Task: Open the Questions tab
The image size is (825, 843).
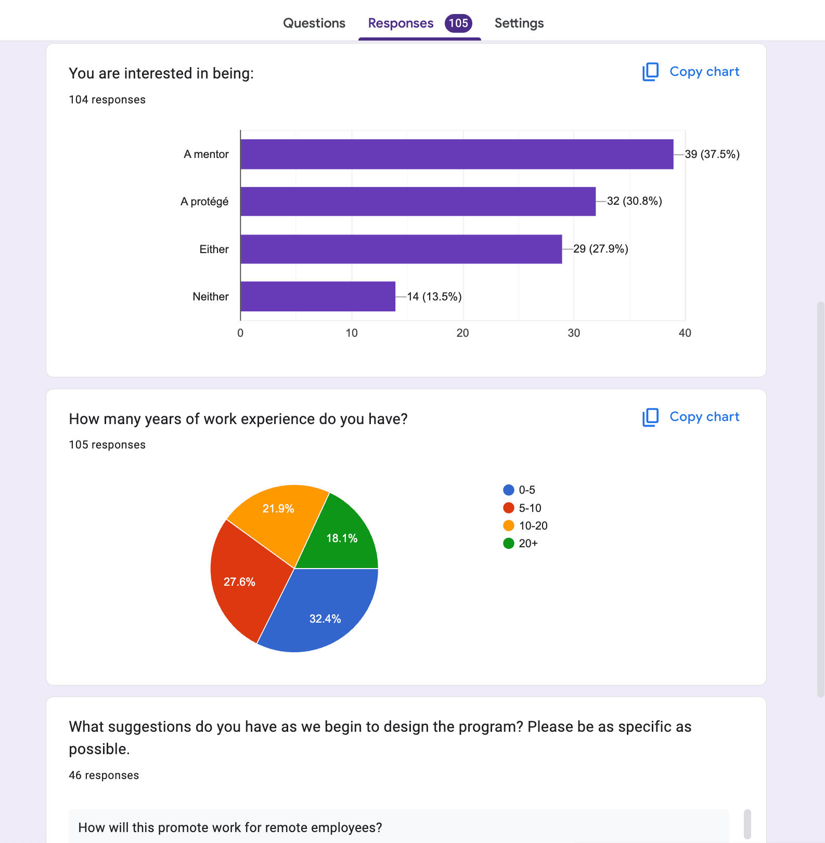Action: pyautogui.click(x=314, y=23)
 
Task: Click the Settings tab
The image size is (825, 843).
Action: pyautogui.click(x=519, y=23)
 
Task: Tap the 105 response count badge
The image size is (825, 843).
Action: pyautogui.click(x=458, y=23)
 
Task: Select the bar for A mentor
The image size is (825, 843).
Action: pyautogui.click(x=457, y=154)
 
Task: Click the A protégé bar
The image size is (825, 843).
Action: pyautogui.click(x=418, y=201)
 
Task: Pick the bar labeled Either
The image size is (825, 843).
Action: pyautogui.click(x=401, y=249)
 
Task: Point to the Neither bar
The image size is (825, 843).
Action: pyautogui.click(x=318, y=296)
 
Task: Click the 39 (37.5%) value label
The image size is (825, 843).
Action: pyautogui.click(x=712, y=154)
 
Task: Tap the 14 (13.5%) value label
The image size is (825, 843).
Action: pyautogui.click(x=434, y=296)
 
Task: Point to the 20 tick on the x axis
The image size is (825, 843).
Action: pyautogui.click(x=462, y=333)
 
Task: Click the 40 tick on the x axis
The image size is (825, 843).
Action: pyautogui.click(x=685, y=333)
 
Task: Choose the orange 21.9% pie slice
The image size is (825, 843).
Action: pyautogui.click(x=278, y=512)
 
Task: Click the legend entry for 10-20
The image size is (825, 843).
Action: pyautogui.click(x=526, y=525)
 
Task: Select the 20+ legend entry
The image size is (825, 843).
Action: pyautogui.click(x=521, y=543)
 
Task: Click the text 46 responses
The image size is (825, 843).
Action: pyautogui.click(x=104, y=775)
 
